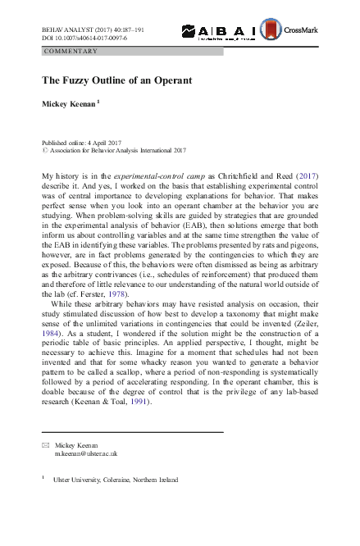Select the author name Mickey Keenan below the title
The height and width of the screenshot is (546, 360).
(70, 105)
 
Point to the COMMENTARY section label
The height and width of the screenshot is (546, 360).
(71, 51)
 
